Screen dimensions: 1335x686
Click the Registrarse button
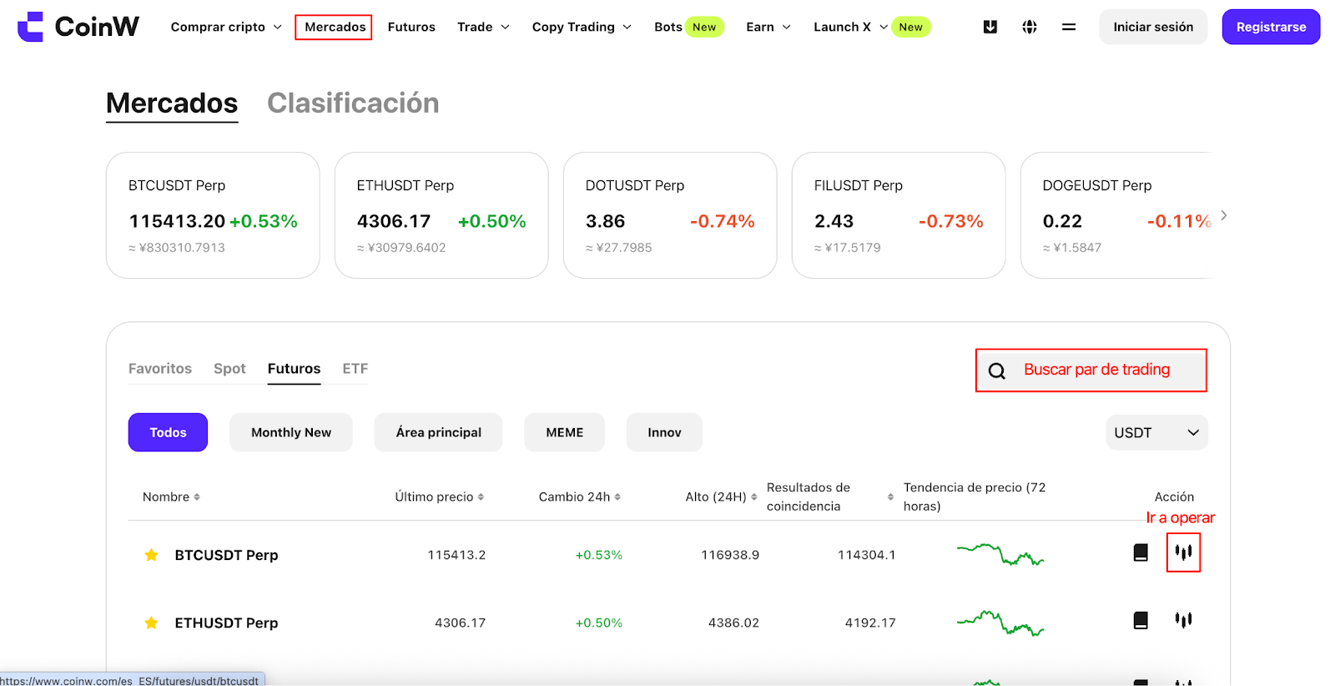click(1271, 27)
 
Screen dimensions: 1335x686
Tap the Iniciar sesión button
click(1153, 27)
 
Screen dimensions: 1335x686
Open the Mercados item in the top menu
click(335, 27)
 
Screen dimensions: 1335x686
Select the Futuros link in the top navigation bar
click(411, 27)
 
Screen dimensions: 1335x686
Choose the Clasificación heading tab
click(353, 103)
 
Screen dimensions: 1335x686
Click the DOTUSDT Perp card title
click(635, 185)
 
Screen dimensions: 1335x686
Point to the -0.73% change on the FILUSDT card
click(950, 221)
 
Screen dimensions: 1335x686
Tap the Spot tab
click(229, 368)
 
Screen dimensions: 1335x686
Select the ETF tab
click(355, 368)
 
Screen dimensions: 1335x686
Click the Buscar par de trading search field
click(1091, 370)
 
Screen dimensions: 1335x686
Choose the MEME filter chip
click(564, 432)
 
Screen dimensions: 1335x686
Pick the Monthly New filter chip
click(291, 432)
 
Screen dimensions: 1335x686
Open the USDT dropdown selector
click(1156, 432)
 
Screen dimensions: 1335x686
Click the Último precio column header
click(439, 497)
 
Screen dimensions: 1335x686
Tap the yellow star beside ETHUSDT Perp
click(151, 623)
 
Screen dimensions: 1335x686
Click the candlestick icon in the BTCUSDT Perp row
click(1184, 552)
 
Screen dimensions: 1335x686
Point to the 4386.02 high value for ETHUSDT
click(733, 623)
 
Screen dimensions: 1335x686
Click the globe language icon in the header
click(1030, 27)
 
